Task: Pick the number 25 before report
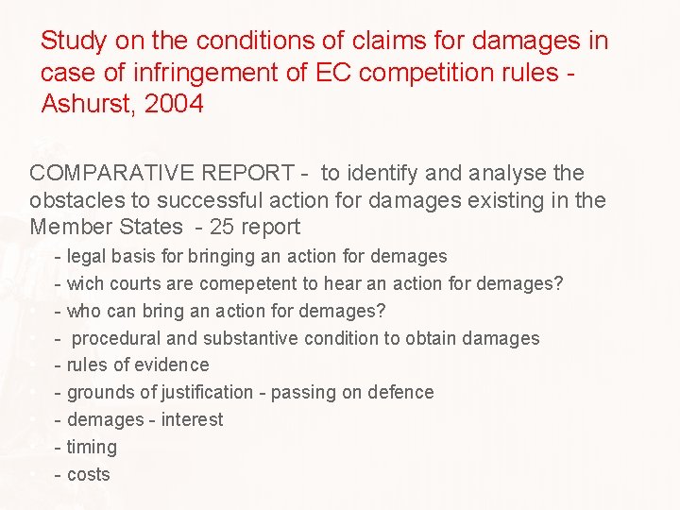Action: point(225,227)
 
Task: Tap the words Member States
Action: point(106,227)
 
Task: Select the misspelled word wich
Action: point(87,283)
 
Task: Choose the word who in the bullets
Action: point(83,311)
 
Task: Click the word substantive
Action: point(250,338)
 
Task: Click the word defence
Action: point(400,392)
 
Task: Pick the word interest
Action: point(193,419)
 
